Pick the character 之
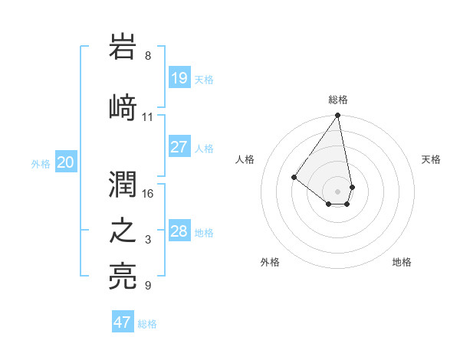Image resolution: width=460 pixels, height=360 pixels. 124,231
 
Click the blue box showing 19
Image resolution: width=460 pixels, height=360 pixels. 179,78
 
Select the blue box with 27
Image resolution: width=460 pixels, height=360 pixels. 179,147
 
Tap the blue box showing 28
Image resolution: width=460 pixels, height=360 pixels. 179,231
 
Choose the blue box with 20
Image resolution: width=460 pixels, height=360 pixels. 66,162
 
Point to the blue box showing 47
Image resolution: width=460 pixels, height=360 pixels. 123,322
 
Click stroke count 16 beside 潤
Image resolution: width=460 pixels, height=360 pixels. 148,193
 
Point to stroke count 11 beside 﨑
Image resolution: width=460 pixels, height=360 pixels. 148,117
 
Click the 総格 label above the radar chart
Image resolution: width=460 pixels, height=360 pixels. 338,100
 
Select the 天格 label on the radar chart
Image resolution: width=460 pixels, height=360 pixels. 431,159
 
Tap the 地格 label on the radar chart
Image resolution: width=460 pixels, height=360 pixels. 402,262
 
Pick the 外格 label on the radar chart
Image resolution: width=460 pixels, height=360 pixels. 270,262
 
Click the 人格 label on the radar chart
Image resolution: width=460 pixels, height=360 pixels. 245,159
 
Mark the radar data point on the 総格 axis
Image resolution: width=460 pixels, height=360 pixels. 338,116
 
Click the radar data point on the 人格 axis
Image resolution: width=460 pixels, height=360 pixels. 294,177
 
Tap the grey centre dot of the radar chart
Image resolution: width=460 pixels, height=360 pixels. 338,191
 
